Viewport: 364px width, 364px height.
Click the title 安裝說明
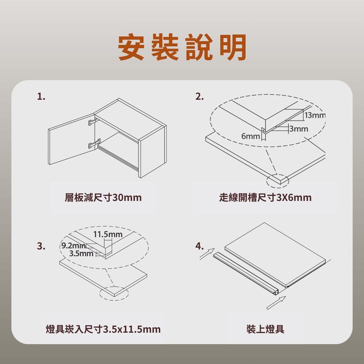click(x=182, y=47)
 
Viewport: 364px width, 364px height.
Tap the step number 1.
click(x=41, y=97)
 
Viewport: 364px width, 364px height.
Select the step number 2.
click(x=199, y=97)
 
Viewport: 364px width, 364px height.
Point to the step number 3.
click(x=41, y=246)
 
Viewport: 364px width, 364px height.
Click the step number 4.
click(x=199, y=246)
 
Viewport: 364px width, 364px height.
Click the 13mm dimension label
click(x=315, y=115)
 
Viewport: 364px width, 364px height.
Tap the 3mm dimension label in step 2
click(x=299, y=129)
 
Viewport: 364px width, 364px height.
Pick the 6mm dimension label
click(x=251, y=136)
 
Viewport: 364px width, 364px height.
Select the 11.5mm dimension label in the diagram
click(x=108, y=235)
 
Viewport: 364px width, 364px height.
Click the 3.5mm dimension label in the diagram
click(x=81, y=253)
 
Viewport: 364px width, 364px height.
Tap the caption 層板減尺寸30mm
click(x=103, y=198)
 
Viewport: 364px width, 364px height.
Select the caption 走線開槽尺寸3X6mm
click(x=265, y=198)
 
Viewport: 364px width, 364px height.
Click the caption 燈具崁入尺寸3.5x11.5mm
click(x=103, y=329)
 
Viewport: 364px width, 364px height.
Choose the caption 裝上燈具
click(x=265, y=329)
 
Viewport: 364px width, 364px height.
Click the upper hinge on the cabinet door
click(x=93, y=122)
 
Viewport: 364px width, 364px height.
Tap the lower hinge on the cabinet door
click(x=94, y=144)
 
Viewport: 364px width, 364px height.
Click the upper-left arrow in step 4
click(x=207, y=253)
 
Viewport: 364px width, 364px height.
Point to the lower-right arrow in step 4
click(x=276, y=303)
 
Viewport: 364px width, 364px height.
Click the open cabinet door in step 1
click(x=71, y=139)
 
